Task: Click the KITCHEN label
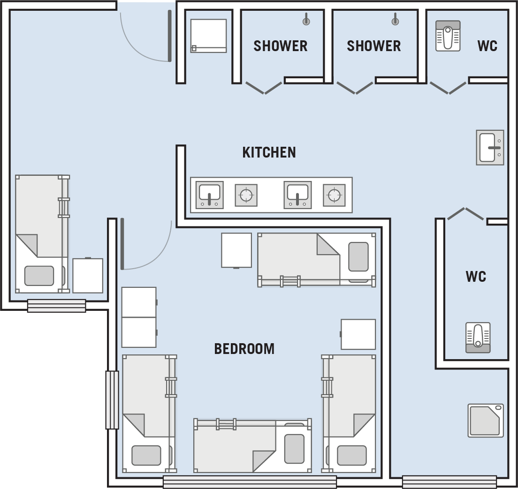[x=269, y=152]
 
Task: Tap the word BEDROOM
[x=244, y=349]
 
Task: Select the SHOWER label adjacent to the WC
[x=373, y=46]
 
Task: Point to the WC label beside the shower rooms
[x=488, y=46]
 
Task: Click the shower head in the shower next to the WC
[x=395, y=20]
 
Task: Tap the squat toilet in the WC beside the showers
[x=448, y=36]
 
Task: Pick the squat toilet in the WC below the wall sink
[x=478, y=338]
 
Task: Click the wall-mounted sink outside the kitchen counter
[x=490, y=148]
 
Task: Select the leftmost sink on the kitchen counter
[x=209, y=195]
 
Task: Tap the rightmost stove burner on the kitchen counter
[x=334, y=195]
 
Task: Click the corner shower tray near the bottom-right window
[x=486, y=421]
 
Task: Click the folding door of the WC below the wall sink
[x=465, y=213]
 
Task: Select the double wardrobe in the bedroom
[x=139, y=317]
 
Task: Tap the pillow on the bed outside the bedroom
[x=39, y=276]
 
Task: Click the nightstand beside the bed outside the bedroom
[x=88, y=275]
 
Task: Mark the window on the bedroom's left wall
[x=112, y=400]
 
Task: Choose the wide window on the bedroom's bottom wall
[x=250, y=482]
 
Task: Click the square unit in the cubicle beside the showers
[x=208, y=36]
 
